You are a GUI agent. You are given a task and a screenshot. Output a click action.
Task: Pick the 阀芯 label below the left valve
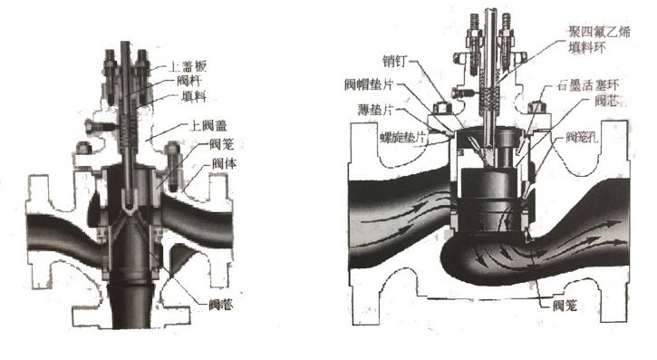[219, 306]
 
